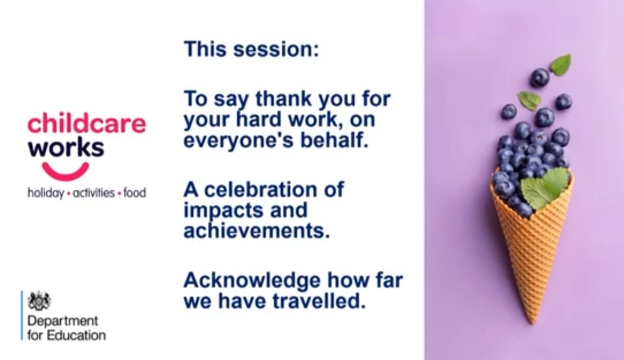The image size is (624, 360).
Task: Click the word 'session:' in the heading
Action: (276, 49)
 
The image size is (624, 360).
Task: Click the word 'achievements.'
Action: (256, 230)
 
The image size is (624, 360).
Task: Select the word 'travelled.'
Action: (318, 301)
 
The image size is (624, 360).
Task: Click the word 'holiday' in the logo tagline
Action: (46, 194)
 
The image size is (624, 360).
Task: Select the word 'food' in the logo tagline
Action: (134, 193)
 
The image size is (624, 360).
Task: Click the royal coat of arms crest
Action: (40, 301)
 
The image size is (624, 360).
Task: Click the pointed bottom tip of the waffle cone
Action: (533, 322)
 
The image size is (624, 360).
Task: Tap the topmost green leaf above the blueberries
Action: (561, 65)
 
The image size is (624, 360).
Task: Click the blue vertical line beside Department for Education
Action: (23, 316)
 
